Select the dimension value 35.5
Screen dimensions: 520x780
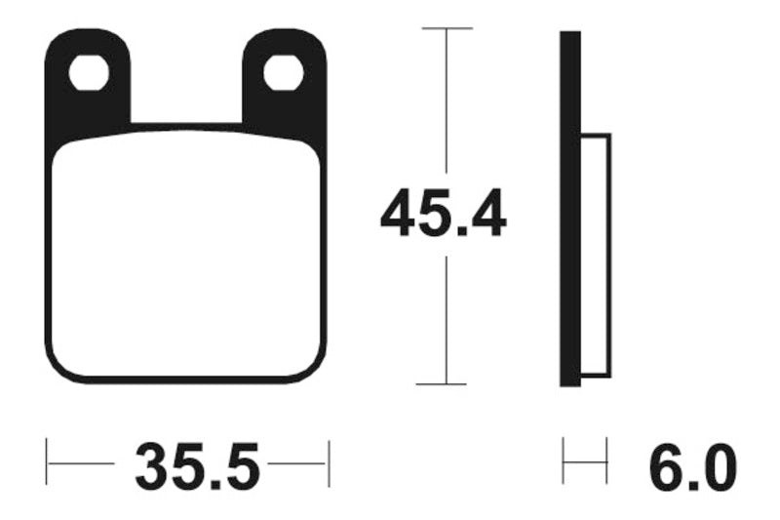[199, 466]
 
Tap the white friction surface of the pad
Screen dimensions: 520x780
[185, 259]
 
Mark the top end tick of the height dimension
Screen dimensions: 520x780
[446, 28]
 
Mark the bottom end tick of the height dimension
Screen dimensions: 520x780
[446, 384]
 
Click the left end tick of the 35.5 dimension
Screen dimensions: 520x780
[49, 462]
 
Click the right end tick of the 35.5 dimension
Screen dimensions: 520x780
[329, 462]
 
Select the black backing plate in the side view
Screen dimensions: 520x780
[570, 210]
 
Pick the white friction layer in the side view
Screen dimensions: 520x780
[596, 254]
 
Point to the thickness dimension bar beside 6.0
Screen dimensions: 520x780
[585, 462]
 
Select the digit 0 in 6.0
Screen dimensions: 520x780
[720, 466]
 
